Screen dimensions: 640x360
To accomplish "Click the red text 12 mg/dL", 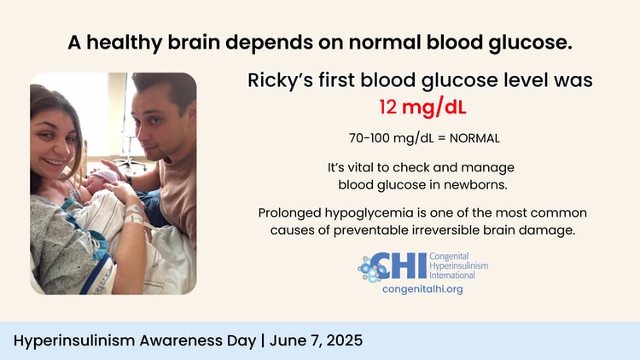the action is [422, 107].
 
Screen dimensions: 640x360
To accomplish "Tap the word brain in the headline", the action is [194, 42].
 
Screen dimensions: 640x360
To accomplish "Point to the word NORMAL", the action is [474, 138].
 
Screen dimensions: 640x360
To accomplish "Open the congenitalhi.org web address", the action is [422, 289].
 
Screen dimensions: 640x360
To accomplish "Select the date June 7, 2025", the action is [316, 340].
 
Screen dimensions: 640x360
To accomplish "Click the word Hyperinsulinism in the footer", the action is [74, 341].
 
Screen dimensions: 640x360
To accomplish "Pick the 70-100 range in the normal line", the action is [368, 138].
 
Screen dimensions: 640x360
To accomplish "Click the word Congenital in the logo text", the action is [449, 257].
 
